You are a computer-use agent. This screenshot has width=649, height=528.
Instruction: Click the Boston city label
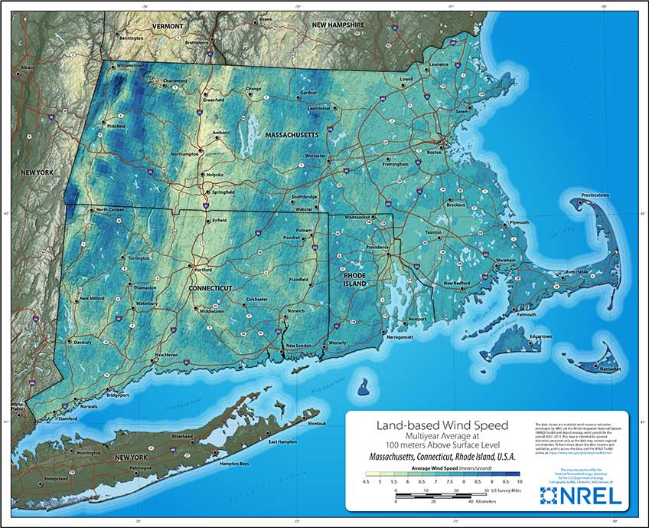point(434,152)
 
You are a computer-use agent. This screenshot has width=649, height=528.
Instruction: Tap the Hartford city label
point(201,271)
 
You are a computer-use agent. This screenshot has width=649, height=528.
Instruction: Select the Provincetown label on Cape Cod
point(595,195)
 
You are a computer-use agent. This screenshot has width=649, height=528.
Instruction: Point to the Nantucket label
point(609,369)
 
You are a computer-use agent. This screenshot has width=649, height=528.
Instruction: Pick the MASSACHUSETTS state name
point(291,135)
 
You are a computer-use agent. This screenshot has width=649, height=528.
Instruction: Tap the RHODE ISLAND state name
point(356,279)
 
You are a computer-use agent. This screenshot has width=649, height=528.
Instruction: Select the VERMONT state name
point(168,26)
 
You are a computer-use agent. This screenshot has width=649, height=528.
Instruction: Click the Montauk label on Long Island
point(317,424)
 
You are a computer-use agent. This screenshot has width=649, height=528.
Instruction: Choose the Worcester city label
point(315,156)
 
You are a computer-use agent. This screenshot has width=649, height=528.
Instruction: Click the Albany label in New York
point(28,67)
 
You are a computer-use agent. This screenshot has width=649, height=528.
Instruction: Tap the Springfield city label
point(223,192)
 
